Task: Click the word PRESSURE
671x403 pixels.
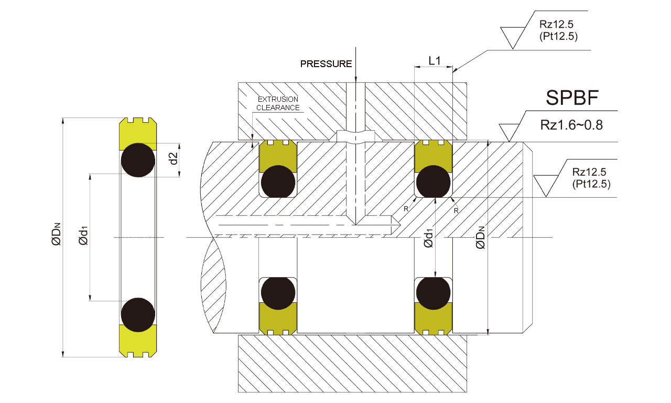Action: (326, 64)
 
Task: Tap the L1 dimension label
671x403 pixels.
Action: (434, 60)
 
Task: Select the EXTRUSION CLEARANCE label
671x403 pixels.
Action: (278, 103)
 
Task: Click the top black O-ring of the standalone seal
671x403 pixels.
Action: (138, 160)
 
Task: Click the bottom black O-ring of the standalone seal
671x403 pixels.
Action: (138, 315)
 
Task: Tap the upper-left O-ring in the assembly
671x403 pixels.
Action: (278, 182)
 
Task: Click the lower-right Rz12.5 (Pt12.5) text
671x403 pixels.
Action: (591, 177)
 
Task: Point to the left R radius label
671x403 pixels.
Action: (405, 209)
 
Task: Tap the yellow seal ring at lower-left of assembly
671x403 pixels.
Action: (278, 318)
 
